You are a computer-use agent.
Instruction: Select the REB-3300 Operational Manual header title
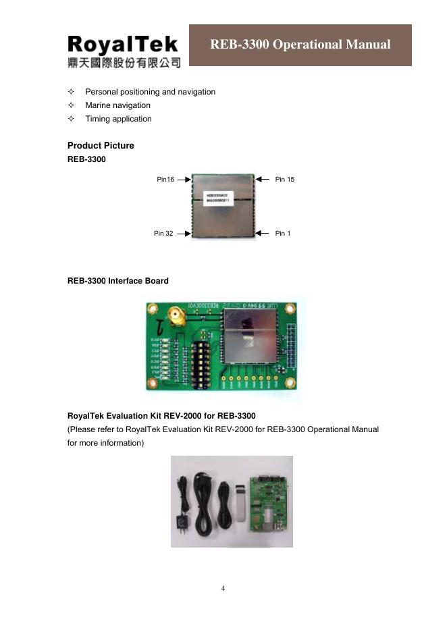click(300, 45)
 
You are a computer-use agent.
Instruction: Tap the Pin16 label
click(165, 180)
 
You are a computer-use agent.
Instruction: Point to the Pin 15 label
click(285, 180)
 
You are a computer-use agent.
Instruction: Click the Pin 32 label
click(163, 234)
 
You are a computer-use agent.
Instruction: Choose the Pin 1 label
click(283, 234)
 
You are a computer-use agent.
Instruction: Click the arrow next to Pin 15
click(262, 179)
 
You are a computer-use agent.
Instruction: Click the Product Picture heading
click(101, 146)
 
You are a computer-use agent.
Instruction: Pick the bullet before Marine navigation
click(71, 105)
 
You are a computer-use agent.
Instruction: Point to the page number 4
click(223, 588)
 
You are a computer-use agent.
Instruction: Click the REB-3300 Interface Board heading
click(118, 281)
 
